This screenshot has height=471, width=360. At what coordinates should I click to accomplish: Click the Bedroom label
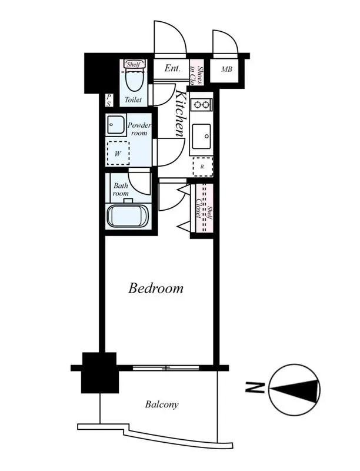(x=156, y=288)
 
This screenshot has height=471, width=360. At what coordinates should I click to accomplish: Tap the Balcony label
(x=162, y=404)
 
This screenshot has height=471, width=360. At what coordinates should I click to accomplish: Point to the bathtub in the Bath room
(x=128, y=216)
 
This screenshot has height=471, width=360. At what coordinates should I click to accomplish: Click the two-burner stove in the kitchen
(x=202, y=105)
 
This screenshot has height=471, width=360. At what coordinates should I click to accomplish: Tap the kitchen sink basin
(x=202, y=137)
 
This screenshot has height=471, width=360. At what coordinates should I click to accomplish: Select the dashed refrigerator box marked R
(x=202, y=167)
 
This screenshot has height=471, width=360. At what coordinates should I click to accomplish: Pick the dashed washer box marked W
(x=118, y=153)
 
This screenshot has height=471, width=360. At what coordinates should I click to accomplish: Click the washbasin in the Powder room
(x=115, y=125)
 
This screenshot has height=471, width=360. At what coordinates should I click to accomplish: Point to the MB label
(x=227, y=69)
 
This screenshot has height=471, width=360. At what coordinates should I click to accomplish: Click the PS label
(x=109, y=100)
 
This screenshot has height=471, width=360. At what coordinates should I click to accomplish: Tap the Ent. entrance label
(x=172, y=68)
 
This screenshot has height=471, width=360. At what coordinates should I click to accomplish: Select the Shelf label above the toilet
(x=134, y=64)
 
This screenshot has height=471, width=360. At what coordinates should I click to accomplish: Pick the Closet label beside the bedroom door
(x=198, y=208)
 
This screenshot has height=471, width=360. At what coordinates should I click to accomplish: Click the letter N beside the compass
(x=255, y=388)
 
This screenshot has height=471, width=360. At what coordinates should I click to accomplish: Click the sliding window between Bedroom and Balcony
(x=166, y=367)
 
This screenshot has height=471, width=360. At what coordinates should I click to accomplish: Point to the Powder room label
(x=139, y=129)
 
